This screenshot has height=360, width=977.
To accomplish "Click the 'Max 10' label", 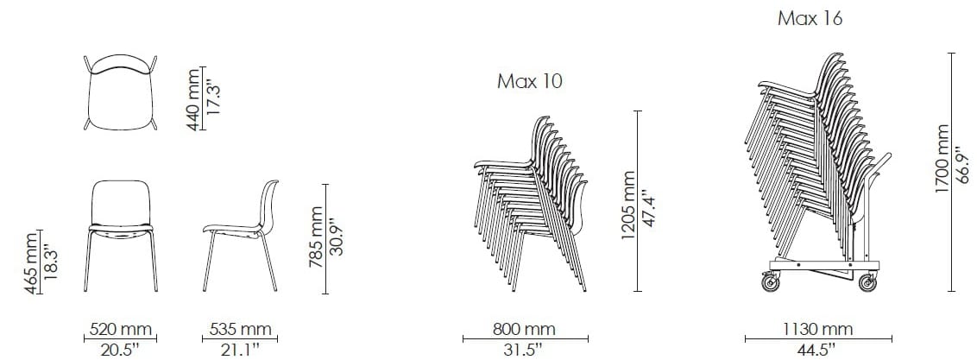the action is pos(529,82).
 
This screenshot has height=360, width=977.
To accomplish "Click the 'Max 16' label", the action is pos(810,19).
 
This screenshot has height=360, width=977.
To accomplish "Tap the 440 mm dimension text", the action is pos(194,99).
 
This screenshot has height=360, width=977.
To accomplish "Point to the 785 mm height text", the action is pos(317,237).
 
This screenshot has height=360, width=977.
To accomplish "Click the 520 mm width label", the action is pos(120,329).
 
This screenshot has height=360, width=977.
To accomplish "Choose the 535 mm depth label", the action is pos(240,329).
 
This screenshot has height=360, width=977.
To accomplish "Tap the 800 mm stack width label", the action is pos(526,329).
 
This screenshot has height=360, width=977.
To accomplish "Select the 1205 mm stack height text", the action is pos(628,205).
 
